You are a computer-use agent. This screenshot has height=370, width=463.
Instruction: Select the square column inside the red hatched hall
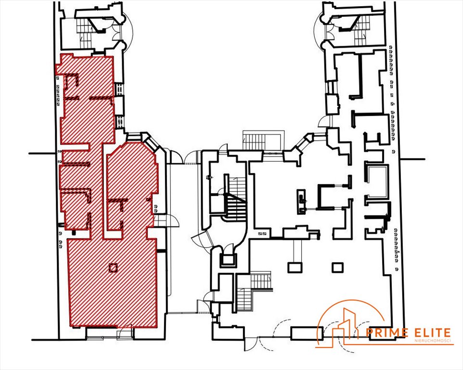[113, 268]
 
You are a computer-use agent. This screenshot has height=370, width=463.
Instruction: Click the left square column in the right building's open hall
[296, 267]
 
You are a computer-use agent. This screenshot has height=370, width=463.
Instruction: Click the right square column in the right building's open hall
[337, 267]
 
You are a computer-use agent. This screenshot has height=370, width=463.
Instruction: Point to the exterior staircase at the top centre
[263, 140]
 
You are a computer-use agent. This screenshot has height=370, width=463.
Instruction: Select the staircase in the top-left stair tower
[86, 32]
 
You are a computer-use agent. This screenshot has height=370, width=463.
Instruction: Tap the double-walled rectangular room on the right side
[377, 181]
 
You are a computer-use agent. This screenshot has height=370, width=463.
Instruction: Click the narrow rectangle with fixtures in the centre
[301, 201]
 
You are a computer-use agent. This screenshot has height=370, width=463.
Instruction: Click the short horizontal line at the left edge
[42, 153]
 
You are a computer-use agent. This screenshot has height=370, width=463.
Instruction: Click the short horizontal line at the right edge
[412, 159]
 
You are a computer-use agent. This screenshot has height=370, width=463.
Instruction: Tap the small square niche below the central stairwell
[228, 260]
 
